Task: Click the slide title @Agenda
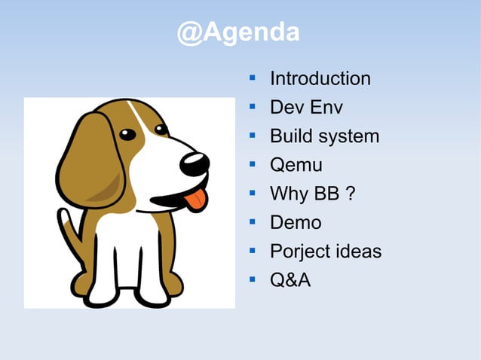tap(239, 32)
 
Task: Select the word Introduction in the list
tap(320, 78)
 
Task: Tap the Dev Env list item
tap(306, 108)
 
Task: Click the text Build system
tap(324, 136)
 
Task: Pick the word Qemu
tap(296, 165)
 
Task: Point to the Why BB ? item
tap(312, 194)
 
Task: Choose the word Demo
tap(296, 222)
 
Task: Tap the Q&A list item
tap(290, 280)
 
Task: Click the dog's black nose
tap(195, 163)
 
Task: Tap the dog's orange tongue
tap(195, 198)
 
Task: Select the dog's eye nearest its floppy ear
tap(127, 135)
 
